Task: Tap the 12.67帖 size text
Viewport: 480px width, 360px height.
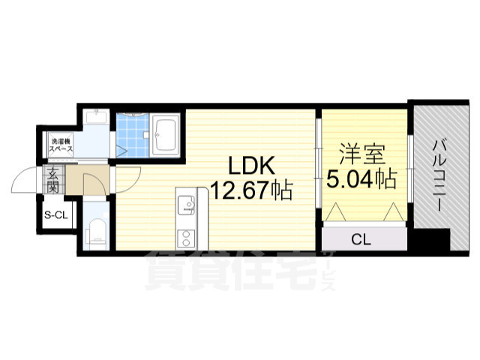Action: pyautogui.click(x=251, y=191)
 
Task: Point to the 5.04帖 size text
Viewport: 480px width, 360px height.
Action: pyautogui.click(x=361, y=180)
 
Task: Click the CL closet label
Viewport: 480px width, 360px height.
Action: pyautogui.click(x=361, y=240)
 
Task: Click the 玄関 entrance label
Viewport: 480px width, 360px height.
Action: pyautogui.click(x=53, y=181)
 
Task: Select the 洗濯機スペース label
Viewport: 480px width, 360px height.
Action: pyautogui.click(x=61, y=145)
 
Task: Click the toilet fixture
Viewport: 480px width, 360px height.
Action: pyautogui.click(x=96, y=232)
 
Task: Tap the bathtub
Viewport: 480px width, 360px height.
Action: pyautogui.click(x=164, y=135)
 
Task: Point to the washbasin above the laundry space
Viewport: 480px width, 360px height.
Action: pyautogui.click(x=95, y=118)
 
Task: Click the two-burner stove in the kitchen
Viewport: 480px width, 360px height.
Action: pyautogui.click(x=184, y=238)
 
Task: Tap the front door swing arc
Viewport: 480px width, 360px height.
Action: pyautogui.click(x=22, y=182)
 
